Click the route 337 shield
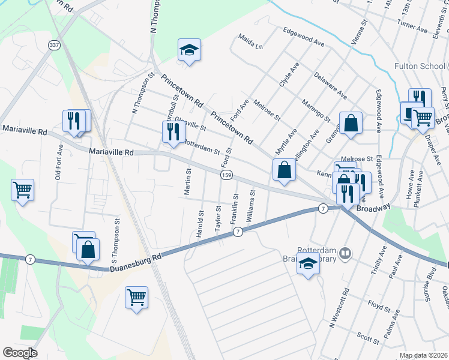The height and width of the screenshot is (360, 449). point(55,46)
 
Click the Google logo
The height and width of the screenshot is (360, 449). point(20,353)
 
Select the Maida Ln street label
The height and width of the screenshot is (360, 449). point(251,45)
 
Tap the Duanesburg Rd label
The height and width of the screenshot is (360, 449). point(137,263)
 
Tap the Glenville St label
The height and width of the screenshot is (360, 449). point(190,124)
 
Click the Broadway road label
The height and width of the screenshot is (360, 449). point(373,207)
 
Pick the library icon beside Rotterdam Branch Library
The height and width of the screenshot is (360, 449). point(345,253)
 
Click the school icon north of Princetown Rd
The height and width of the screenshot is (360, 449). point(189,50)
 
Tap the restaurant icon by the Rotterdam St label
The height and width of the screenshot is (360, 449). point(173,132)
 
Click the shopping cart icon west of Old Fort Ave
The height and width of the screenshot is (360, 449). point(22,190)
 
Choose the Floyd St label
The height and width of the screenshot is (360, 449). point(379,306)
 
